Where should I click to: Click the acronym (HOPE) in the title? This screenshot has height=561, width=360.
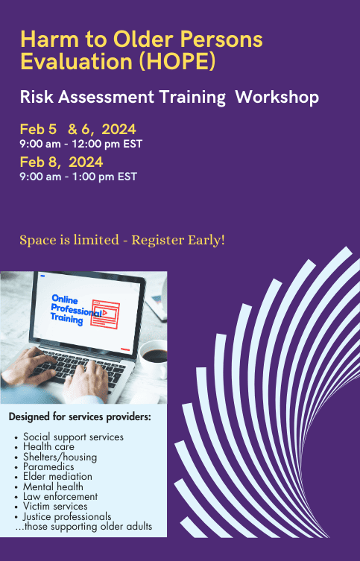(x=177, y=62)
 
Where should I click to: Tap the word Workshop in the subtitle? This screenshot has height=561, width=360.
(x=277, y=98)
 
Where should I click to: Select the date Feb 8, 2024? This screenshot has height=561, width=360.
(x=61, y=162)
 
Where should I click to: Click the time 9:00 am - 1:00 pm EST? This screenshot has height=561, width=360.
(x=78, y=177)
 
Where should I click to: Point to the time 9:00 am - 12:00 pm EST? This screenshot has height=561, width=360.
(x=81, y=144)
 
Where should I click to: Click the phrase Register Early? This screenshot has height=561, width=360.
(x=178, y=240)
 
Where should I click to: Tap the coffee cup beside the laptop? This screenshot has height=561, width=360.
(x=153, y=358)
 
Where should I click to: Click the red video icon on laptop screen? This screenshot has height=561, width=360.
(x=105, y=314)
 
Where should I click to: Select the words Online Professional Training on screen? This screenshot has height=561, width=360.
(x=76, y=309)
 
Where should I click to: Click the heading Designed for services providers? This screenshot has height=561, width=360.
(x=80, y=416)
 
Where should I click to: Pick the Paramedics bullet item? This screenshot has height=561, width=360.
(x=48, y=466)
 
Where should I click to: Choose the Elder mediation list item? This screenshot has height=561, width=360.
(x=57, y=477)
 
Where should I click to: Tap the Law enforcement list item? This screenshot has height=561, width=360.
(x=60, y=497)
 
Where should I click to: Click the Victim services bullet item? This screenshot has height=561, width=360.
(x=55, y=507)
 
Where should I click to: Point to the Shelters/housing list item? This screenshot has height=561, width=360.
(x=60, y=457)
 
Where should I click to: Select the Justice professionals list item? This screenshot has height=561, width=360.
(x=67, y=516)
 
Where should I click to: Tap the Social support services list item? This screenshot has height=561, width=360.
(x=73, y=437)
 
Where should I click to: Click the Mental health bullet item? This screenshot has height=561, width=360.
(x=54, y=486)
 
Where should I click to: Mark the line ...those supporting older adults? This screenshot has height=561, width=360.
(x=83, y=527)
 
